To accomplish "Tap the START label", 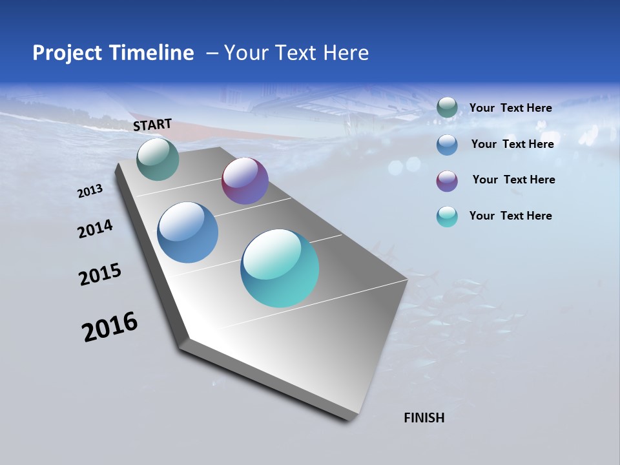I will coord(152,125).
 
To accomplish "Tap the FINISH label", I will coord(424,418).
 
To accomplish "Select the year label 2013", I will coord(90,191).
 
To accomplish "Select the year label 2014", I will coord(95,229).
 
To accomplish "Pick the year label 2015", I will coord(100,274).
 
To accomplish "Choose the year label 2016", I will coord(110,327).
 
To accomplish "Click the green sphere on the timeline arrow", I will coord(158,159).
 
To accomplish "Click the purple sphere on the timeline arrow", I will coord(245,181).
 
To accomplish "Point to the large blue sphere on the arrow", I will coord(188,232).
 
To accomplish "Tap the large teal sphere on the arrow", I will coord(280,268).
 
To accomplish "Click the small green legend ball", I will coord(447,108).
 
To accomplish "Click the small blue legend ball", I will coord(447,144).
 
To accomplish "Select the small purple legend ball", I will coord(447,180).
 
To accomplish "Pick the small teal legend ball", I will coord(447,216).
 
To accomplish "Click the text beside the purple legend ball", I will coord(513,180).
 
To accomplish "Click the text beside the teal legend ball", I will coord(510,216).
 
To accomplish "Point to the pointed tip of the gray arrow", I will coord(352,420).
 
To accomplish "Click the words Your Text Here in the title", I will coord(296,53).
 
